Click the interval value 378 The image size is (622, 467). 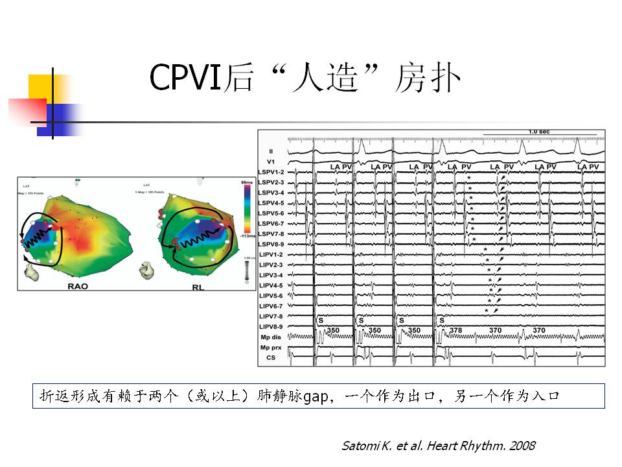coord(456,331)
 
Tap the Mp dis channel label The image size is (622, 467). coord(271,337)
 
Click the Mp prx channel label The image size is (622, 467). coord(271,348)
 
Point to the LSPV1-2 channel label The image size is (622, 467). coord(271,172)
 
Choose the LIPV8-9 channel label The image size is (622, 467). coord(271,326)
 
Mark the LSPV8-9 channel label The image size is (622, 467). coord(271,244)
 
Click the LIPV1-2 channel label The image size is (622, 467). coord(271,254)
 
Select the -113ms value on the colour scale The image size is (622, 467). coord(248,236)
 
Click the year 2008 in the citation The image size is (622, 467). coord(523,446)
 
